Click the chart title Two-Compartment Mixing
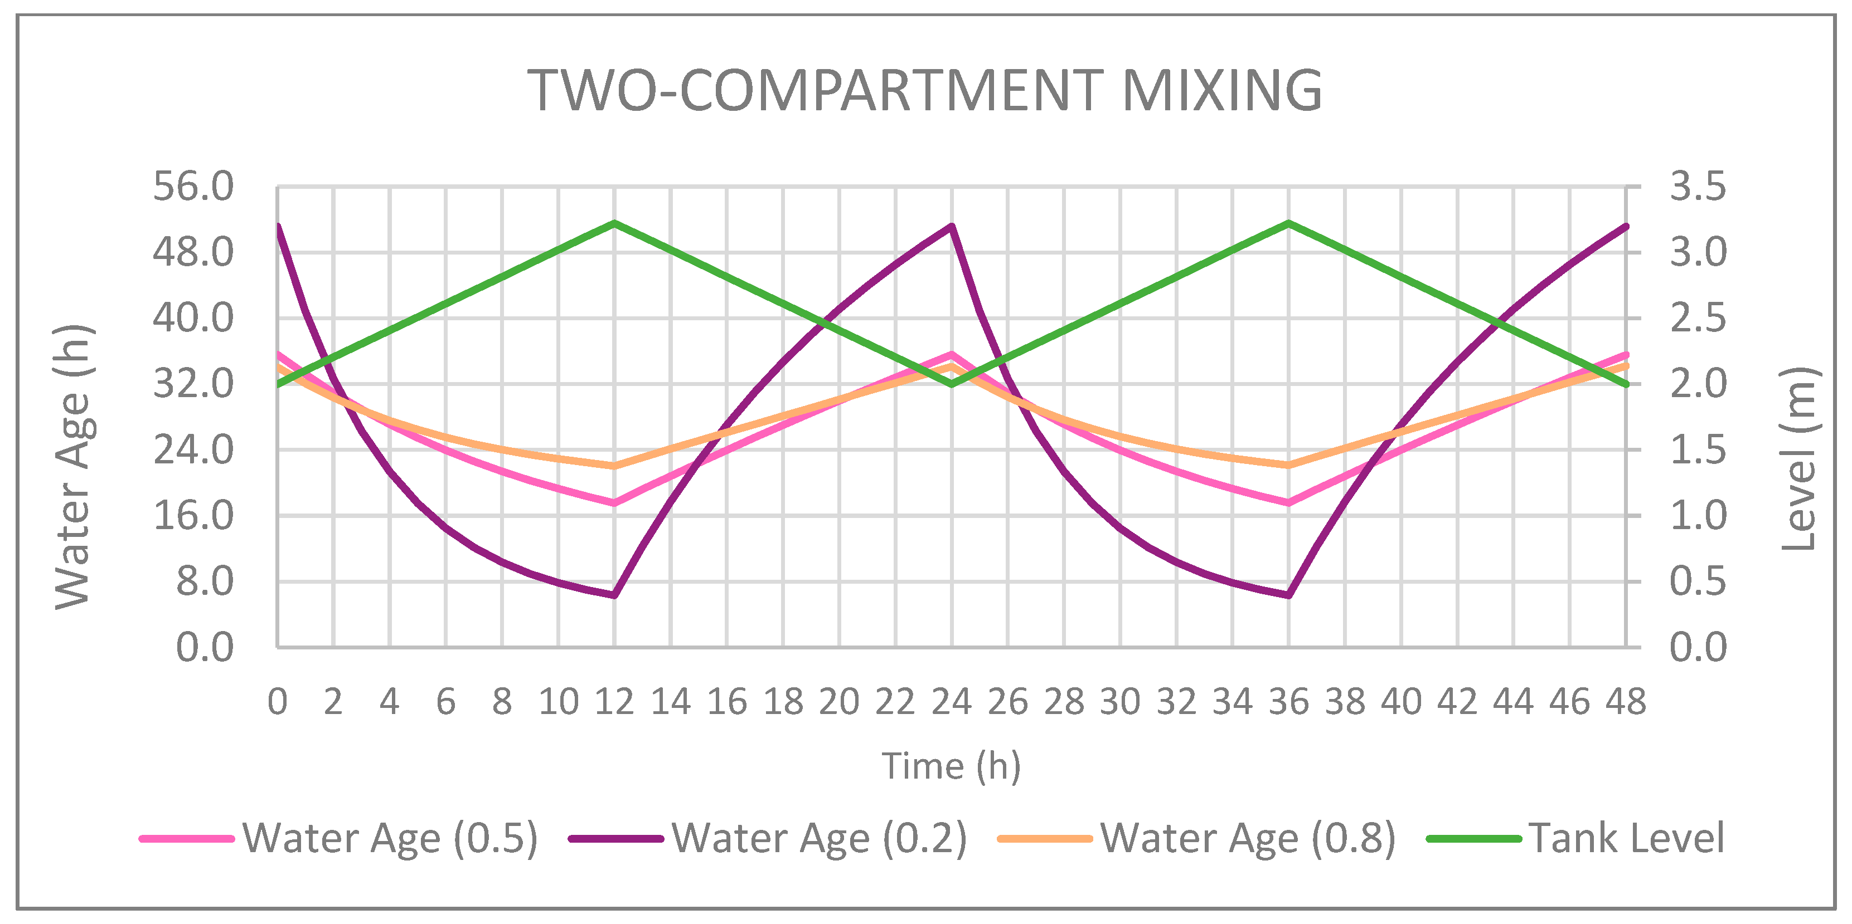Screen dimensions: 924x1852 click(x=924, y=91)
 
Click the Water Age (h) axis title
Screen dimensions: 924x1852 click(x=74, y=467)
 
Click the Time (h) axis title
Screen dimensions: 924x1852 click(x=951, y=766)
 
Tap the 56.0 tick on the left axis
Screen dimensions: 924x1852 click(x=193, y=188)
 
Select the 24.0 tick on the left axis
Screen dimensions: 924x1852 click(x=193, y=451)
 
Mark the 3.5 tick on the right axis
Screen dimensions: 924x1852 click(x=1696, y=188)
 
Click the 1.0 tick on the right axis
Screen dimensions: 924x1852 click(x=1696, y=516)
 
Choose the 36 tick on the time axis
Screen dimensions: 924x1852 click(x=1288, y=702)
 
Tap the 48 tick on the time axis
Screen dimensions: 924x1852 click(x=1626, y=702)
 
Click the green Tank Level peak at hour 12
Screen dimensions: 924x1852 click(x=615, y=223)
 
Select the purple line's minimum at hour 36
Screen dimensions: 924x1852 click(x=1288, y=595)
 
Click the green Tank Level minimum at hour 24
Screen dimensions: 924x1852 click(x=952, y=384)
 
